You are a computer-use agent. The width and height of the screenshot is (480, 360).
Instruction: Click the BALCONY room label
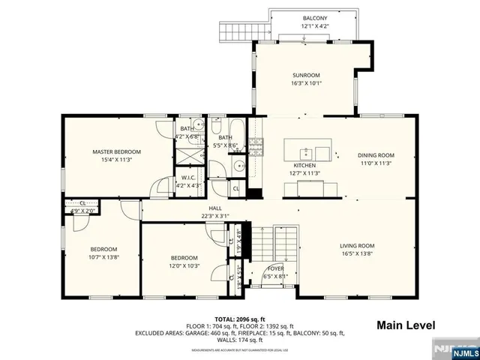[315, 18]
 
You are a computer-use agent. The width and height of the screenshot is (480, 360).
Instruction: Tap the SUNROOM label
[306, 76]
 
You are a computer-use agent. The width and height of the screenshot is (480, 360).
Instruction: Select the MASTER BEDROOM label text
[116, 151]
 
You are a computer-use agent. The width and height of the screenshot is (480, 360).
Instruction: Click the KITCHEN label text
[304, 165]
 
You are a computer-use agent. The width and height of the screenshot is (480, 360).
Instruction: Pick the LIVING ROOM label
[357, 246]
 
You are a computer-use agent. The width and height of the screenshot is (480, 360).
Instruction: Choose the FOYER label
[275, 268]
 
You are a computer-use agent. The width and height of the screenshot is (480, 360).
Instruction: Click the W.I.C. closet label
[188, 178]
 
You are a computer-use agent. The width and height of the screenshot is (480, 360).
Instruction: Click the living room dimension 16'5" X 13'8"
[357, 254]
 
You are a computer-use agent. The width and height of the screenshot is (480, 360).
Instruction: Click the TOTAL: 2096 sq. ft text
[239, 319]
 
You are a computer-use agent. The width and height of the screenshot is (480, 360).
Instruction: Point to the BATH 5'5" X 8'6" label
[226, 141]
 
